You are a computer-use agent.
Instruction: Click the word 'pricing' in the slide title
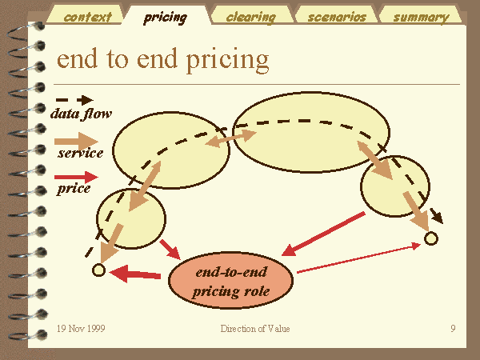(x=227, y=60)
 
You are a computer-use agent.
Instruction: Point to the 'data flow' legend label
(x=81, y=114)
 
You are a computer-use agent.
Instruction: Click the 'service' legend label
(x=81, y=153)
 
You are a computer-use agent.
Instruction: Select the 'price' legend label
(x=74, y=189)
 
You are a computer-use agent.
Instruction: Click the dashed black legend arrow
(x=74, y=100)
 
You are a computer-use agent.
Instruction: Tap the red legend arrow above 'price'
(x=76, y=177)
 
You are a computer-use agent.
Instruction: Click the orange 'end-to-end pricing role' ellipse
(x=231, y=280)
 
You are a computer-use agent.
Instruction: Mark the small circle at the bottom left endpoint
(x=98, y=270)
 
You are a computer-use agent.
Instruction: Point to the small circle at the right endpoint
(x=431, y=238)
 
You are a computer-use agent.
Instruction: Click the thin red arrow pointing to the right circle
(x=359, y=258)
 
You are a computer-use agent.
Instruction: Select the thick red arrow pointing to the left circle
(x=134, y=273)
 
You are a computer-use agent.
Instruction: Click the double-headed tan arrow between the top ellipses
(x=230, y=138)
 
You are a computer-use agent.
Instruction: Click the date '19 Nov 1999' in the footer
(x=81, y=329)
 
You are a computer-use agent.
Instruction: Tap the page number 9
(x=453, y=329)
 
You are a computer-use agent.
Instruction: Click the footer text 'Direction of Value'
(x=255, y=329)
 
